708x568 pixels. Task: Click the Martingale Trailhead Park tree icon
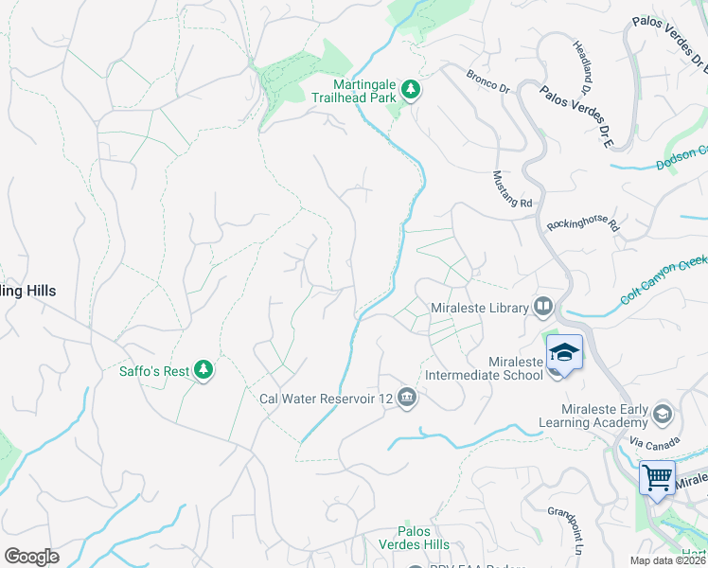411,89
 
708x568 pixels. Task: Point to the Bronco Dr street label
487,81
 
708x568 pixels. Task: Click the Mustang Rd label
513,189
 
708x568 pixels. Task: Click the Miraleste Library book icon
543,307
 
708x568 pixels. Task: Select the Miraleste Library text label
477,308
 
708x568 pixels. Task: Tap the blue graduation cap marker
564,353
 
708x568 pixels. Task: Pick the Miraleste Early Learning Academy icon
662,415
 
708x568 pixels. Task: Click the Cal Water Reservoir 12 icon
407,397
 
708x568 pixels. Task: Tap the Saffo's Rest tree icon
203,370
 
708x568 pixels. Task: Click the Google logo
31,556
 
